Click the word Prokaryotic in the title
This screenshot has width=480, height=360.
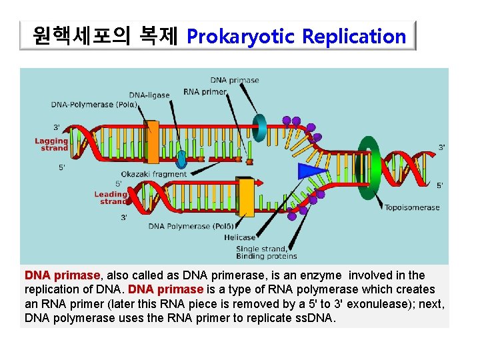point(241,37)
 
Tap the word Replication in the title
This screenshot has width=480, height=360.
point(354,37)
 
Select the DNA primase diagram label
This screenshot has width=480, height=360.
point(235,80)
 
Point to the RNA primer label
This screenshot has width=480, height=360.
point(205,91)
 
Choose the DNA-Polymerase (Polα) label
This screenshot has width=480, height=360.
point(94,105)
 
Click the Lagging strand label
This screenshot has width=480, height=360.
point(52,144)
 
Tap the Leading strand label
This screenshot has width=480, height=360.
point(111,197)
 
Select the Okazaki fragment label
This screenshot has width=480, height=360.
point(153,174)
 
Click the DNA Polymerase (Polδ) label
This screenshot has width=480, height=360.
point(190,226)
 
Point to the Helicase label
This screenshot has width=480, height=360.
point(239,237)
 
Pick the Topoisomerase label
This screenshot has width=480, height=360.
point(412,207)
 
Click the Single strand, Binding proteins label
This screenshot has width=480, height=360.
point(266,253)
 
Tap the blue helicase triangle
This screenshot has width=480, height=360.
point(311,171)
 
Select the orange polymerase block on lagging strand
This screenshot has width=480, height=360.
point(153,141)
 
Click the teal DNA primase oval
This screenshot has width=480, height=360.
point(259,128)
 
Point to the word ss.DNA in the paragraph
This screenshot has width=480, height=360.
point(314,317)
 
